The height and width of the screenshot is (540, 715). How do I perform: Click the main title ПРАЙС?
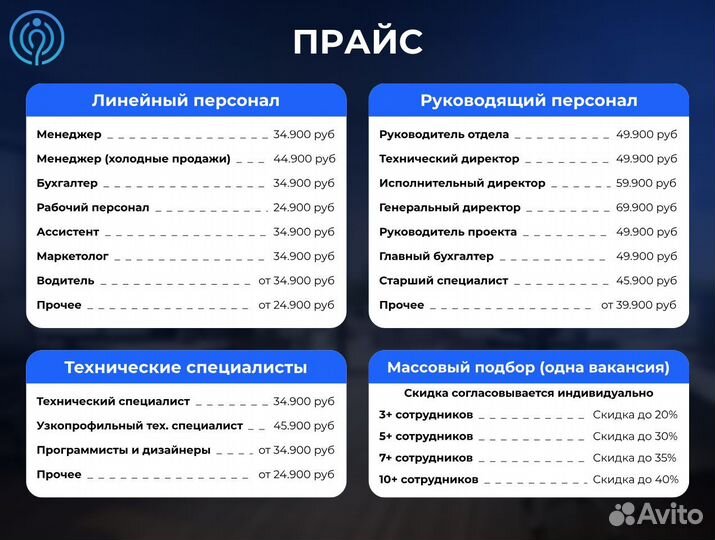[357, 42]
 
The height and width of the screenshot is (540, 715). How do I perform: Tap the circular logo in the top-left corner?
[39, 37]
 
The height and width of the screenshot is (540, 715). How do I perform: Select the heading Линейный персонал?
[185, 101]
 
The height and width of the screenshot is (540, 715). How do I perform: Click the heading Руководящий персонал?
[528, 101]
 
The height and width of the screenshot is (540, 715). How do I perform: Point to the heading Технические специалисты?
[185, 367]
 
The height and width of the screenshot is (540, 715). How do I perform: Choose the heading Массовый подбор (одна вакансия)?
[528, 367]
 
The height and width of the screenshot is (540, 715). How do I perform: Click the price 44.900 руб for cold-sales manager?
[304, 158]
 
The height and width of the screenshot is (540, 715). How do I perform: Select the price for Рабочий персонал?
[304, 207]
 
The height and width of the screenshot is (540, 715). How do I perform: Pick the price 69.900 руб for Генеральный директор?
[646, 207]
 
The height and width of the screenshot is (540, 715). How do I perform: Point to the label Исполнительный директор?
[462, 183]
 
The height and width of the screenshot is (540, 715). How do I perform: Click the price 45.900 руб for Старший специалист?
[646, 280]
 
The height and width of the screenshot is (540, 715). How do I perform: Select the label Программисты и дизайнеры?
[123, 450]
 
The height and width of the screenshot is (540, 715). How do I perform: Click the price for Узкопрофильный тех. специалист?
[304, 425]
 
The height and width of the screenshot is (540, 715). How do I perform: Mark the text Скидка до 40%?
[635, 480]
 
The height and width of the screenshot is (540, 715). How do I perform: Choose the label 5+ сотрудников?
[425, 436]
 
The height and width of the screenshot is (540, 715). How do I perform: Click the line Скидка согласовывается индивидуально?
[528, 393]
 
